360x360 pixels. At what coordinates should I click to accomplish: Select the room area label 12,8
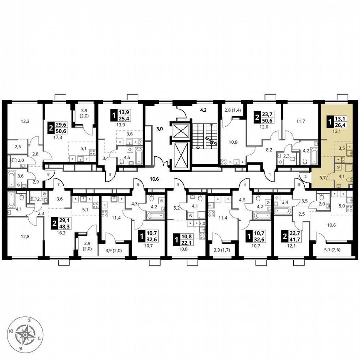point(25,238)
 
